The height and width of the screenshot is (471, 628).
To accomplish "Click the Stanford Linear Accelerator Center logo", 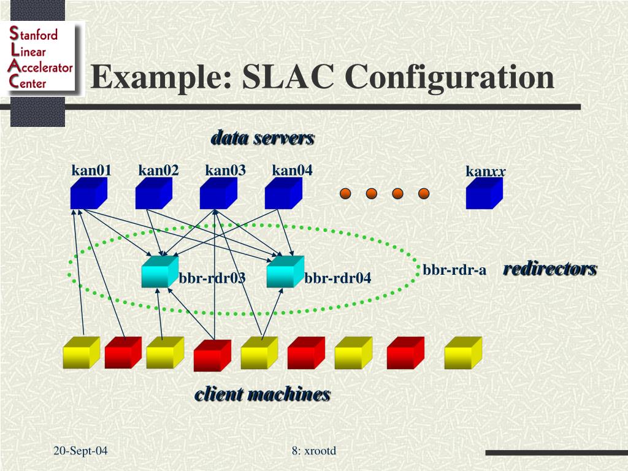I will point(42,58).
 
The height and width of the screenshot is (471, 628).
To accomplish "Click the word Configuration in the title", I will point(450,78).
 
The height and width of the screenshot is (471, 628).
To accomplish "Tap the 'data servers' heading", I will point(262,138).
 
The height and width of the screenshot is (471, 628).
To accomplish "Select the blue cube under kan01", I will point(88,194).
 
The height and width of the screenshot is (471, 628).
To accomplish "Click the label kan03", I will point(225,170).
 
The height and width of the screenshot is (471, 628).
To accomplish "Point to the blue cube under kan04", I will point(283,194).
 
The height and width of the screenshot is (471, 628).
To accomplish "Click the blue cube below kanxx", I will point(484,194).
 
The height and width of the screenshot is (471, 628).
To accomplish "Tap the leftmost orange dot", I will point(345,194).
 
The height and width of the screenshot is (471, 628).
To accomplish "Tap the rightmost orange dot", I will point(424,194).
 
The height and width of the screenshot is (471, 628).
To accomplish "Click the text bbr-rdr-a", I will point(454,270).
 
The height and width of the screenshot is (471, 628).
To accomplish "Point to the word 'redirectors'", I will point(549,269).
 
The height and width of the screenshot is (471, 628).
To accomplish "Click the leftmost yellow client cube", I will point(81,353).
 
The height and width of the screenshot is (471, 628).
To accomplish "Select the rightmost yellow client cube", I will point(462,353).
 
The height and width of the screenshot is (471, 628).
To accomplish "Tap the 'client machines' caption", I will point(262,394).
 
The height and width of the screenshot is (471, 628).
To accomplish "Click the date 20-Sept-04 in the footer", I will point(80,451).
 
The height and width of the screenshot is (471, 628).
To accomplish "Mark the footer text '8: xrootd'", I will point(314,451).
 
